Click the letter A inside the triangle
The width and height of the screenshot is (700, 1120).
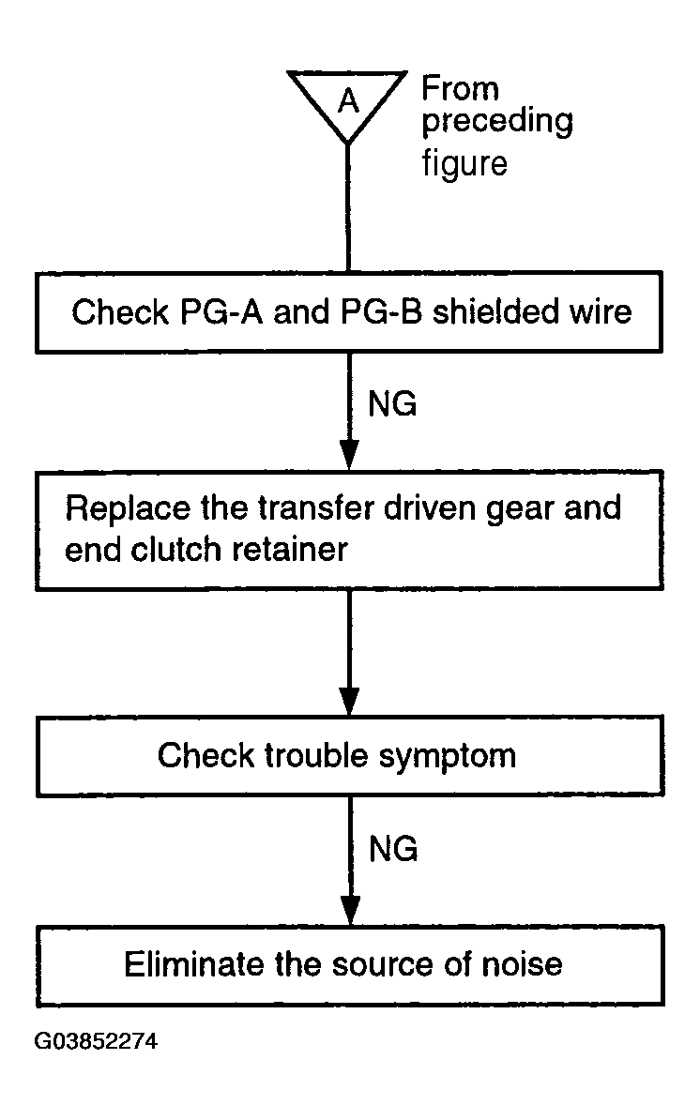click(x=348, y=100)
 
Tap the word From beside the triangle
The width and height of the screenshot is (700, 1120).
click(x=460, y=88)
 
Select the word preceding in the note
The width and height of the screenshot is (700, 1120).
click(x=497, y=122)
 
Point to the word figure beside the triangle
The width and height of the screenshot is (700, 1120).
click(x=464, y=163)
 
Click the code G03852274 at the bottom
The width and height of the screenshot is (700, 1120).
click(x=96, y=1040)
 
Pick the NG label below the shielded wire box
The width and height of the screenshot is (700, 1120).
click(x=392, y=404)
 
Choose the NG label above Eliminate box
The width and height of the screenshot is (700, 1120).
click(x=393, y=849)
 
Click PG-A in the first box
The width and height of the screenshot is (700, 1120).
click(x=221, y=312)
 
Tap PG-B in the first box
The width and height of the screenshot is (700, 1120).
click(x=381, y=312)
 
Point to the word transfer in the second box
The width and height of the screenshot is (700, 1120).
click(x=315, y=507)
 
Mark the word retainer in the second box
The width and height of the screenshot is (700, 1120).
click(x=289, y=550)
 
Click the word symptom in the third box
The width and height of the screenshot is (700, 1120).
click(x=448, y=757)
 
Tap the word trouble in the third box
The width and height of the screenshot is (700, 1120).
click(x=316, y=756)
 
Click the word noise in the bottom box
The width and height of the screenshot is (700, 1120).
click(x=522, y=964)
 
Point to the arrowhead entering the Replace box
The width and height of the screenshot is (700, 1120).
click(x=349, y=455)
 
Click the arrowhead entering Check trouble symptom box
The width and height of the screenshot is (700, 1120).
click(x=349, y=701)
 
